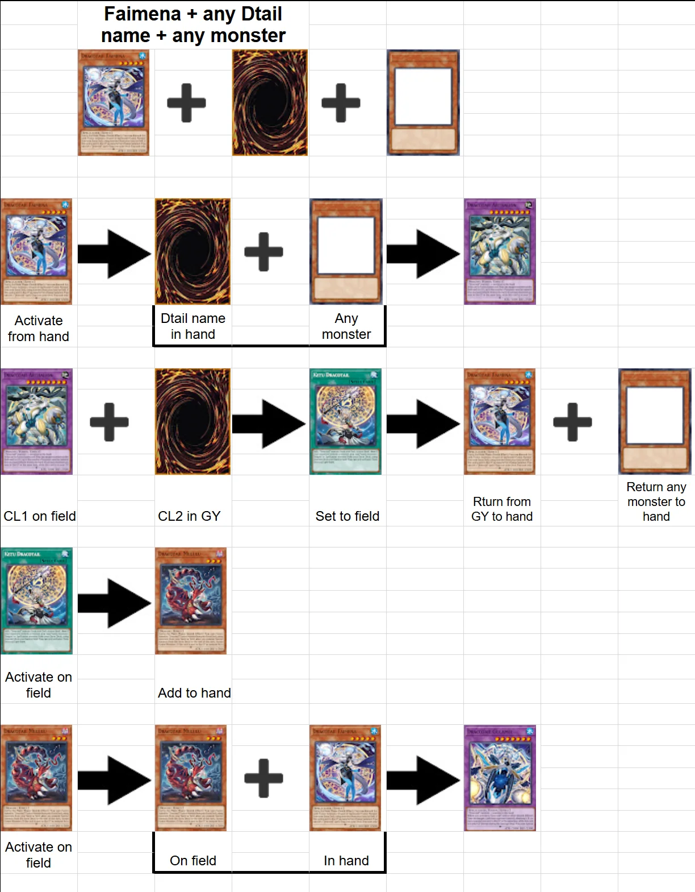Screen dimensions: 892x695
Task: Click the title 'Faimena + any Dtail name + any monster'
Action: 193,24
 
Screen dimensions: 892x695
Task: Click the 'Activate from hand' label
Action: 39,328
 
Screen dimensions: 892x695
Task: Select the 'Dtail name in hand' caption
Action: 193,326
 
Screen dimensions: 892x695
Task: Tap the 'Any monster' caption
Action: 346,326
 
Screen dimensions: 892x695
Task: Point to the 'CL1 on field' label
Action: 39,516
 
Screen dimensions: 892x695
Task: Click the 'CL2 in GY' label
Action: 189,516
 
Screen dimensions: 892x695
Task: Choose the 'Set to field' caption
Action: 347,516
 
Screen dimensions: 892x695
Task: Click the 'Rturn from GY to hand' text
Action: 502,509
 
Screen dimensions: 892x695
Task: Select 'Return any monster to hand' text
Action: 656,501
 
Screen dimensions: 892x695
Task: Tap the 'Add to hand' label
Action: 194,692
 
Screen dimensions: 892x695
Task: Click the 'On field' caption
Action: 193,860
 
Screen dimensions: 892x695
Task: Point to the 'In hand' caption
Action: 346,860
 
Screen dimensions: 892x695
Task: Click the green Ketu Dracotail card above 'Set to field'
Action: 345,421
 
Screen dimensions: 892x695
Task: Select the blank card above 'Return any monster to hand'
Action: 655,421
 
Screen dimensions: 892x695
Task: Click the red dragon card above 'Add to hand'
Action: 191,600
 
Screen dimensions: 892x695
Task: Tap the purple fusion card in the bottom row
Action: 500,778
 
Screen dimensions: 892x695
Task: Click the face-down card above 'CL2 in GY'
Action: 192,421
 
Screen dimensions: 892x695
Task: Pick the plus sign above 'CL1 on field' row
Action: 109,421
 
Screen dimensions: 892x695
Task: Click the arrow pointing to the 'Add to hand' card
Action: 114,603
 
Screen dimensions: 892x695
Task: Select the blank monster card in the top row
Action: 423,102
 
